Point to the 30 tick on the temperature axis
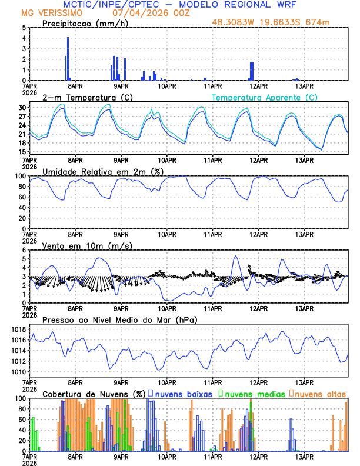tap(22, 108)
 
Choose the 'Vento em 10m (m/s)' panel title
tap(79, 245)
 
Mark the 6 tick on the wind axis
tap(25, 250)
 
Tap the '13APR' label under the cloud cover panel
tap(304, 457)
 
